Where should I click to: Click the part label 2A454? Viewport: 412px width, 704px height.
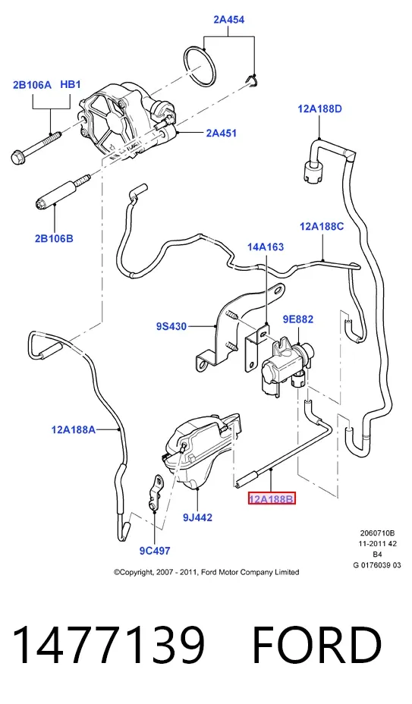(228, 19)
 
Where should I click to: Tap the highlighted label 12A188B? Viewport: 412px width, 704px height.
(272, 498)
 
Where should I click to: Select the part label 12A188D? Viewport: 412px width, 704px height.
(319, 108)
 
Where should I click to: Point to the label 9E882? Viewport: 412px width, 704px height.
(298, 319)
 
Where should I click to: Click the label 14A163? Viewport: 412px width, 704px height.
(266, 247)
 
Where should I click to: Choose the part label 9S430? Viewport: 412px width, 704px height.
(171, 326)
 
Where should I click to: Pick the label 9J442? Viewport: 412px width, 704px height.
(197, 517)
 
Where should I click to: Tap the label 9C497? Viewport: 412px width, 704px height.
(155, 551)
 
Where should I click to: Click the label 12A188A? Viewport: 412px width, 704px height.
(74, 429)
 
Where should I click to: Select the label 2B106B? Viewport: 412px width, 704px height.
(54, 238)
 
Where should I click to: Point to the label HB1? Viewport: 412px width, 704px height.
(70, 84)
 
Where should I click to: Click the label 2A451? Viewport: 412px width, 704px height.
(221, 133)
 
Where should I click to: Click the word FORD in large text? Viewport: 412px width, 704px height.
(316, 645)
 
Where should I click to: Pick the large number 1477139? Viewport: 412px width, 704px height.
(109, 645)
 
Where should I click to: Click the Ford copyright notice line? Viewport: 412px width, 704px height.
(206, 572)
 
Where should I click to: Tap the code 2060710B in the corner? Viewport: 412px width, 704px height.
(377, 533)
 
